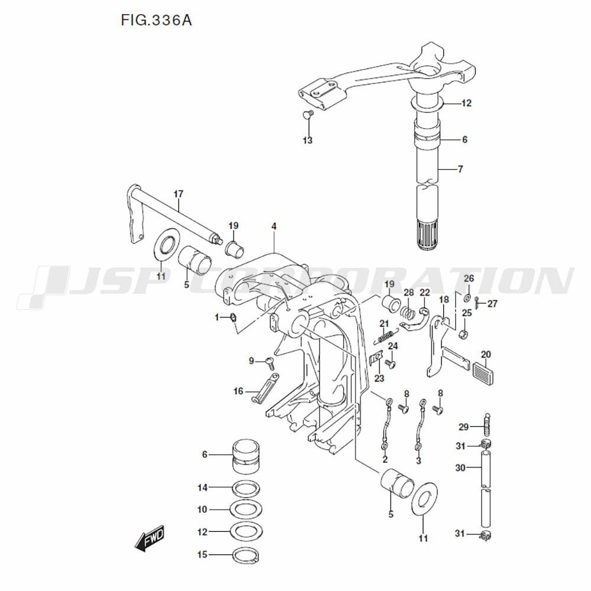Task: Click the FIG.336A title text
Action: [x=156, y=21]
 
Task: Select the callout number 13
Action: [x=307, y=140]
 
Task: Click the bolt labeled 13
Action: [x=307, y=114]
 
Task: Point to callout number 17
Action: [x=178, y=194]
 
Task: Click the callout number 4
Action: [x=274, y=226]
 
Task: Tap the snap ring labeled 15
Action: [x=246, y=556]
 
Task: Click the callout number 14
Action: [x=203, y=488]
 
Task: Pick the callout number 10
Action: [x=203, y=509]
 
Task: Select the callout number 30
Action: [x=461, y=467]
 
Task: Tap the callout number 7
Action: [x=460, y=169]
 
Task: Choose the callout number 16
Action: [x=238, y=391]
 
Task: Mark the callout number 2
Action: [x=385, y=459]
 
